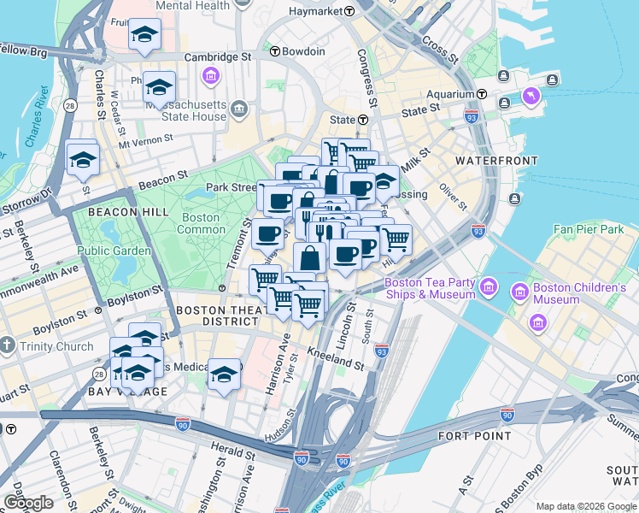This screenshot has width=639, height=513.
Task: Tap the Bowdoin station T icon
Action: (275, 51)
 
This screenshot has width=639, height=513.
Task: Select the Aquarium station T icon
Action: (482, 93)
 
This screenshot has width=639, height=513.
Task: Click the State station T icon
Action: (363, 121)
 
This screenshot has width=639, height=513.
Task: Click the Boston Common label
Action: (201, 223)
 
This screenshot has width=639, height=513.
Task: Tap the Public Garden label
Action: (114, 251)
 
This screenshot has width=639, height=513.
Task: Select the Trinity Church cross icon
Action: (7, 346)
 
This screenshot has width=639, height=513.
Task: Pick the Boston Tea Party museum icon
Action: (488, 284)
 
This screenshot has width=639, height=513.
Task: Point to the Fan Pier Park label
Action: (589, 229)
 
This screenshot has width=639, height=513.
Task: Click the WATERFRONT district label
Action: (496, 161)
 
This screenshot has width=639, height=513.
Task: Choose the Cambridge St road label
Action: (220, 56)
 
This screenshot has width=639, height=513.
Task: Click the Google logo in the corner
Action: (27, 503)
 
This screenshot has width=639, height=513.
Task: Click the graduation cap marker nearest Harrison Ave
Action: (224, 374)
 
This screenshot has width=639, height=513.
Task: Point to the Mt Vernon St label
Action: (146, 139)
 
